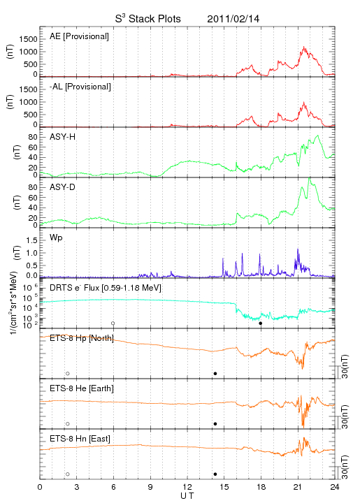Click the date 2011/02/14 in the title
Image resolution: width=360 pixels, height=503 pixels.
(233, 19)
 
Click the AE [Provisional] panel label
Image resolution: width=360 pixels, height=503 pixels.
(79, 36)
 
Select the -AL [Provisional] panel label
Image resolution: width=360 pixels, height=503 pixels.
(80, 87)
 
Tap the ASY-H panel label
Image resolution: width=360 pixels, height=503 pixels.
(63, 137)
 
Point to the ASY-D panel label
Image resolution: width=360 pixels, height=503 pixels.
(63, 187)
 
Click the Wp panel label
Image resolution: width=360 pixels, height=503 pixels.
(56, 238)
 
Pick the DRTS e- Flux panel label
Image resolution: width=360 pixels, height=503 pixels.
(106, 288)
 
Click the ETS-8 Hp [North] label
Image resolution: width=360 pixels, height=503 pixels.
(82, 338)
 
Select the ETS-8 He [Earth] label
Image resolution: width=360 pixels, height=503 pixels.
(82, 388)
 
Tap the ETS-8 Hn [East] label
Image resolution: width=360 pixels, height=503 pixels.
(80, 439)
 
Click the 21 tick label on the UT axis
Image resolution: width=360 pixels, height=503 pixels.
(298, 487)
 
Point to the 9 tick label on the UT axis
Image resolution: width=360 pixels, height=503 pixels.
(150, 487)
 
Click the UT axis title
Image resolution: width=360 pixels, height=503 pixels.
(187, 496)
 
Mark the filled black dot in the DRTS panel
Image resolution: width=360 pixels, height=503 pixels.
(261, 323)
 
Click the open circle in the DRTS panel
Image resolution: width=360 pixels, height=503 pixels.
(113, 323)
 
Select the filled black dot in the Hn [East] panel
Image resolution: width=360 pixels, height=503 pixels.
(215, 474)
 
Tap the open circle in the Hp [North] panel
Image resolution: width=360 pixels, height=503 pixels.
(68, 373)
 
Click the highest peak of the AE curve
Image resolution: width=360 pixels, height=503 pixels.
(304, 47)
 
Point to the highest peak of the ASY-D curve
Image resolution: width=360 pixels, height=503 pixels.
(309, 177)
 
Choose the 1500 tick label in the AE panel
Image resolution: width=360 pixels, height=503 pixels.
(28, 39)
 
